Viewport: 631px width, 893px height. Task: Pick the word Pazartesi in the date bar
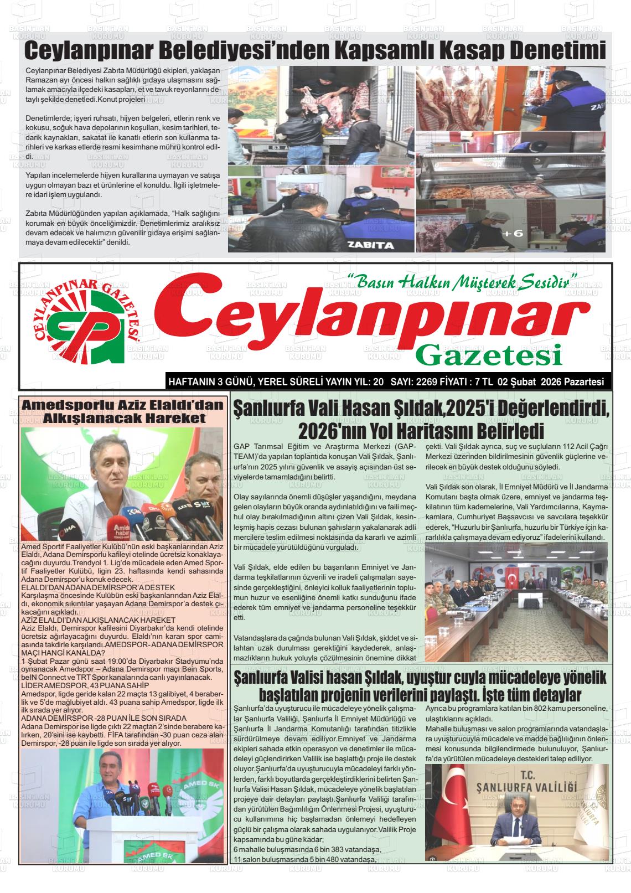583,382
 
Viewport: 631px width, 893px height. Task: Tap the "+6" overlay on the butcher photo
512,233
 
